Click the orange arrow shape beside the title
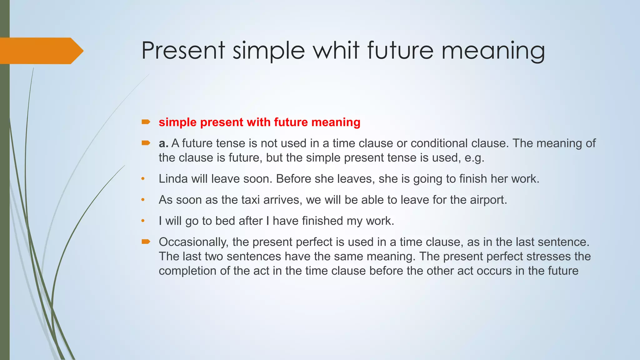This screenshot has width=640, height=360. pos(41,51)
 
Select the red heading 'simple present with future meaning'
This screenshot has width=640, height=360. pos(259,122)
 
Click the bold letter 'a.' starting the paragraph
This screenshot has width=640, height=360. pos(163,143)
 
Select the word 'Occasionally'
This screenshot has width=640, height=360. pos(194,242)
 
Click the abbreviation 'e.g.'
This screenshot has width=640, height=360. pos(474,158)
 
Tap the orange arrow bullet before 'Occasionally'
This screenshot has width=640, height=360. pos(146,242)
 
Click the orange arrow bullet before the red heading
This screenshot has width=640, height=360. pos(146,122)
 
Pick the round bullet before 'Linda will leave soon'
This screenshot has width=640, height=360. pos(143,179)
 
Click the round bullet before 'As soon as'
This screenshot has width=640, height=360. pos(143,200)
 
